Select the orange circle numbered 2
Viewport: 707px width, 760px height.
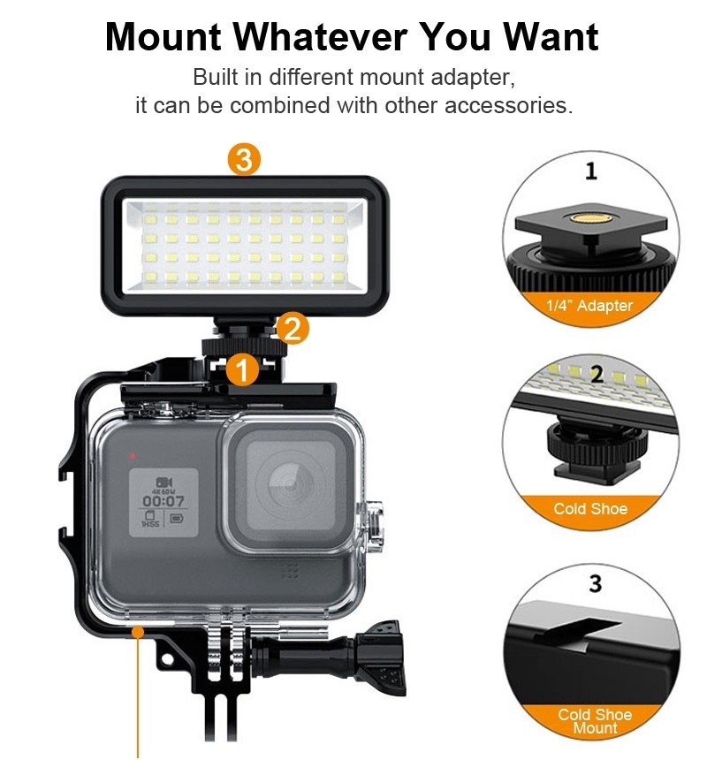tap(293, 329)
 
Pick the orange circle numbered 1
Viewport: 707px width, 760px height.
tap(241, 369)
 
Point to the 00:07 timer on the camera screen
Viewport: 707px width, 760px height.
tap(163, 501)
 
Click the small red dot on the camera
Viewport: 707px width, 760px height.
tap(132, 457)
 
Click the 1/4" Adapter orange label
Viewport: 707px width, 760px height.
tap(591, 306)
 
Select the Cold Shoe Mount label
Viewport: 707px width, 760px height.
tap(595, 721)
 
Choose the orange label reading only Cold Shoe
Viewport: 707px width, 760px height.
tap(590, 509)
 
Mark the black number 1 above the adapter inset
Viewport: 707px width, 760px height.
tap(591, 171)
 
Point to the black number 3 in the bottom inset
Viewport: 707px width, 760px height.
tap(595, 584)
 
